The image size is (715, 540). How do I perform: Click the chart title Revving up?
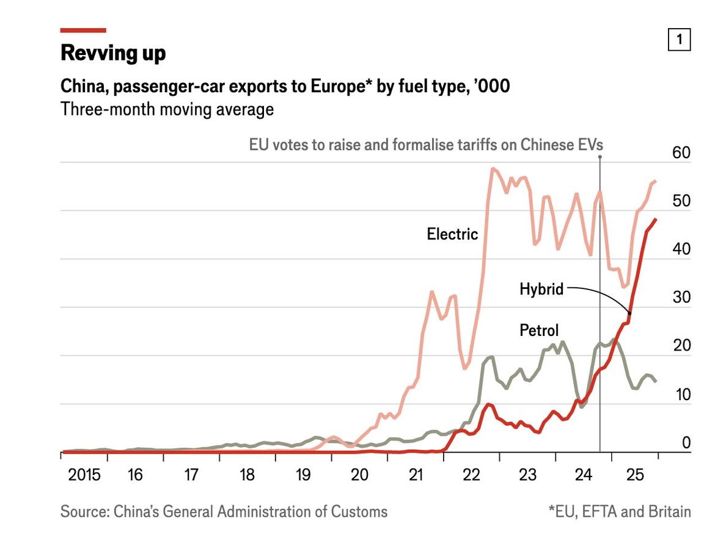113,53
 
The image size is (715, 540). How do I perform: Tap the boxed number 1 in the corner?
679,40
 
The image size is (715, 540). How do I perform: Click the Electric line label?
452,234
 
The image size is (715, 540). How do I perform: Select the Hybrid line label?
541,289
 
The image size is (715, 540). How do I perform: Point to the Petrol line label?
539,330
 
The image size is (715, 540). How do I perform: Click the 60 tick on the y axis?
681,153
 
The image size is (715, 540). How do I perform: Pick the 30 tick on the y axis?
681,297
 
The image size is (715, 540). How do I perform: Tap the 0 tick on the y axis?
686,442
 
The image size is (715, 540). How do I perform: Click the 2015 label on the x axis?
84,475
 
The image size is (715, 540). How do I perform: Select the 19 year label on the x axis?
303,475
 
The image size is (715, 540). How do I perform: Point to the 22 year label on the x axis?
472,475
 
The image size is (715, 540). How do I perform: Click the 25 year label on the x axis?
636,475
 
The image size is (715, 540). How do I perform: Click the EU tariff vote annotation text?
426,145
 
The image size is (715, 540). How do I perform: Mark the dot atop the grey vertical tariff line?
600,157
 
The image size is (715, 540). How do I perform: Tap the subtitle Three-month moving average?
167,110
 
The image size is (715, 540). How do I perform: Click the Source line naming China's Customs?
224,511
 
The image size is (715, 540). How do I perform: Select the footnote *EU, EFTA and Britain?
620,511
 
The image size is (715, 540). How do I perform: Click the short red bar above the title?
83,30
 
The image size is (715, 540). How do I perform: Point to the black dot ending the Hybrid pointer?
629,313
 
